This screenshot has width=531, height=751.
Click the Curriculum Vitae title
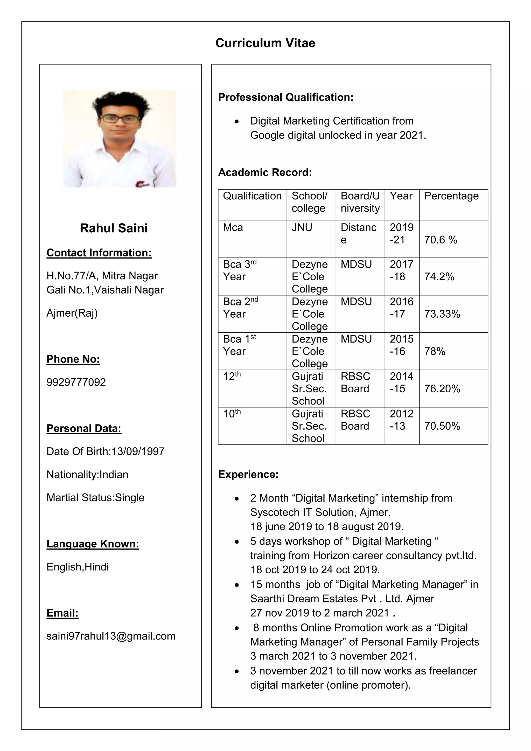[265, 43]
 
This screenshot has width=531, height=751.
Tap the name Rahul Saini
[114, 228]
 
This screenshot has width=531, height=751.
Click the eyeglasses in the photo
[120, 119]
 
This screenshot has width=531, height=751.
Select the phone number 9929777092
[76, 382]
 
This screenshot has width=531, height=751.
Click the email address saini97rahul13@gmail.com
[111, 636]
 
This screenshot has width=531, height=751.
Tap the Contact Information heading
[99, 253]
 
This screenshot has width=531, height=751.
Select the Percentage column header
[451, 196]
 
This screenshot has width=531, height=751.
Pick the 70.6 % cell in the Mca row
[441, 240]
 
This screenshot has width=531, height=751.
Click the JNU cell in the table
[302, 227]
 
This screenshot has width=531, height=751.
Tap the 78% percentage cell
[435, 351]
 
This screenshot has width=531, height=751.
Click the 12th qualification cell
[232, 377]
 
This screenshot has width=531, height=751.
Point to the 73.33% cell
[442, 314]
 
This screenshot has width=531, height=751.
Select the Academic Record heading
[265, 172]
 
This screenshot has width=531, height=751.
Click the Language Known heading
[93, 544]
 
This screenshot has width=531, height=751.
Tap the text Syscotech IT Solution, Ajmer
[320, 512]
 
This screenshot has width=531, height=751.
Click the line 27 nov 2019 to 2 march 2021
[322, 613]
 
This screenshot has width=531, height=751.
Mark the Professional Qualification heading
[286, 97]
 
